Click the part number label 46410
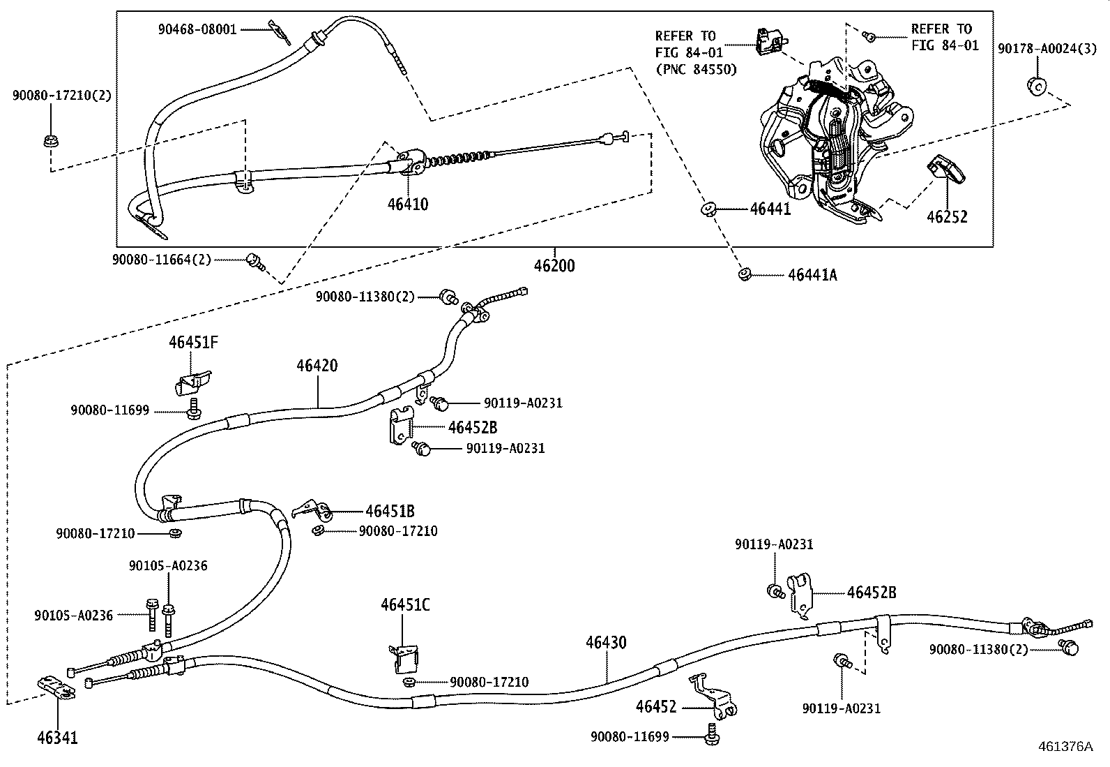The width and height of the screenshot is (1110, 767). (x=408, y=204)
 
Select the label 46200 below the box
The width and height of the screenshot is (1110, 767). (x=554, y=266)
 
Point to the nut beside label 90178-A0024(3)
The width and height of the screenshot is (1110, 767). (x=1035, y=87)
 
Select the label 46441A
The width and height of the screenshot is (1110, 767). (x=812, y=275)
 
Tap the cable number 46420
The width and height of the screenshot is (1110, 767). (x=317, y=366)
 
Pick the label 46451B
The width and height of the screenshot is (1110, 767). (x=390, y=512)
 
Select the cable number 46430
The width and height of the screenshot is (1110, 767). (x=606, y=643)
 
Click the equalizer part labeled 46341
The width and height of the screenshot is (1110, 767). (x=56, y=688)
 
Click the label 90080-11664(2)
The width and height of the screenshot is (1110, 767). (x=161, y=260)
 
